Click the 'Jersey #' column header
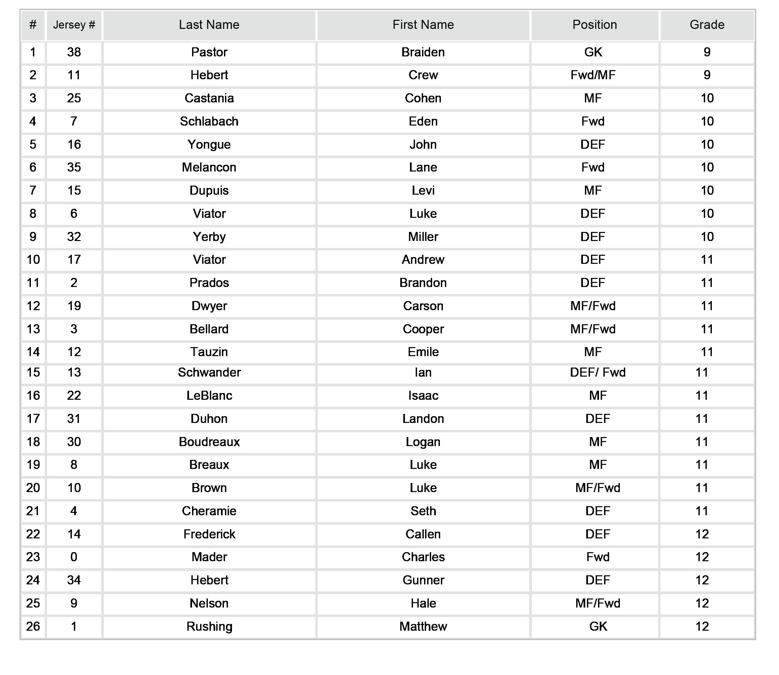click(74, 25)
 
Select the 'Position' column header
click(594, 25)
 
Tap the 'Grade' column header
click(706, 25)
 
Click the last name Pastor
click(209, 52)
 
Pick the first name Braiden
click(423, 52)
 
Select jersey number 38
click(74, 52)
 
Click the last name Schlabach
click(209, 121)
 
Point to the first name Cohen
click(423, 98)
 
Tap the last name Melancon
click(209, 167)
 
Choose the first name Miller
click(423, 237)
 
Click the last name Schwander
click(209, 373)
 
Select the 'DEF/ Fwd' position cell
click(597, 373)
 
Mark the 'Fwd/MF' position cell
click(593, 75)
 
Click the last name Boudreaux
click(209, 442)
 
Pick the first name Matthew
click(423, 626)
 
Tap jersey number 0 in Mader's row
click(74, 557)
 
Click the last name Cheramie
click(209, 511)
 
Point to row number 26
click(33, 626)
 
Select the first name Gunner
click(423, 580)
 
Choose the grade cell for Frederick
click(702, 534)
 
